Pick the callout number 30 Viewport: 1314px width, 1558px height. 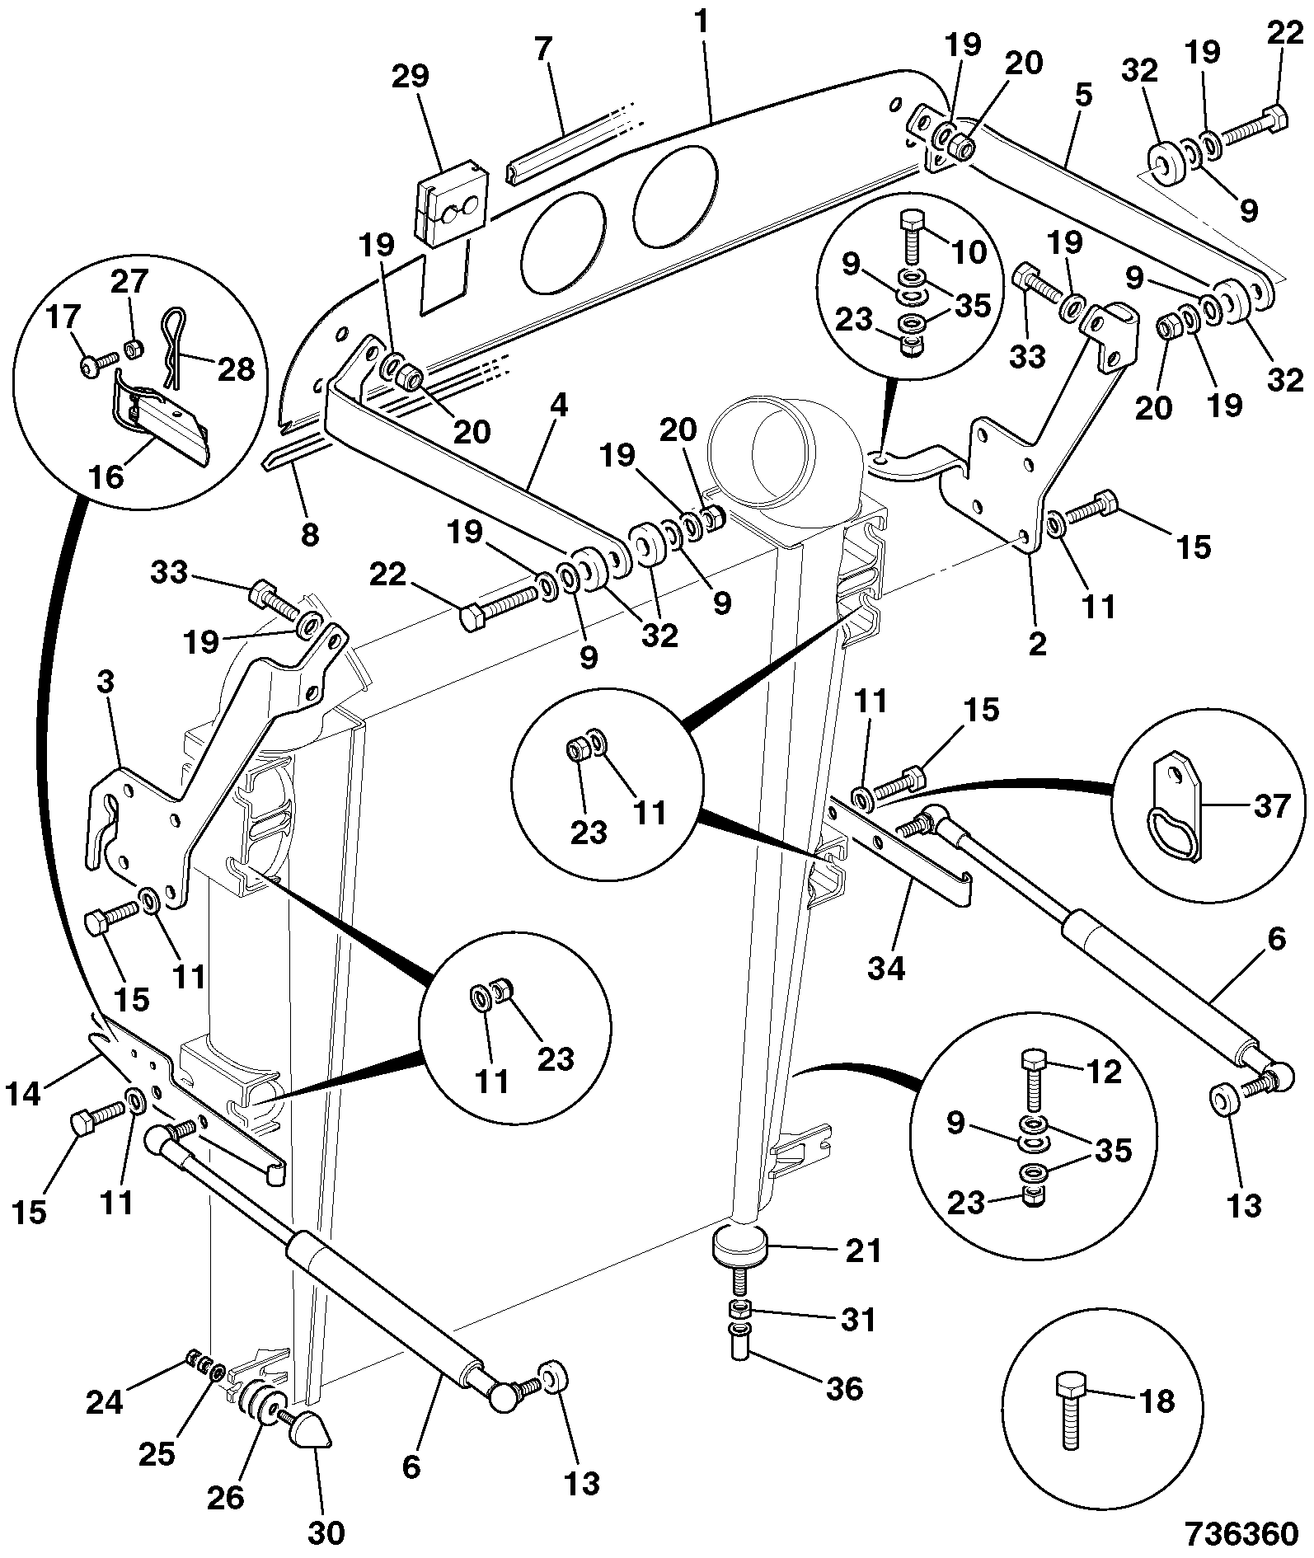[x=326, y=1532]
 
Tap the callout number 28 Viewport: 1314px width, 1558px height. [x=236, y=369]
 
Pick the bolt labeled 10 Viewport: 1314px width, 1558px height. [x=913, y=234]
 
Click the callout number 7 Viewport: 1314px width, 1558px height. [x=542, y=49]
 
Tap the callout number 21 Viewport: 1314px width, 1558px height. [x=861, y=1251]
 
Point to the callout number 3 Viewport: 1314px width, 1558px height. [x=105, y=683]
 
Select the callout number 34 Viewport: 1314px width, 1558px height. [x=886, y=967]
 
